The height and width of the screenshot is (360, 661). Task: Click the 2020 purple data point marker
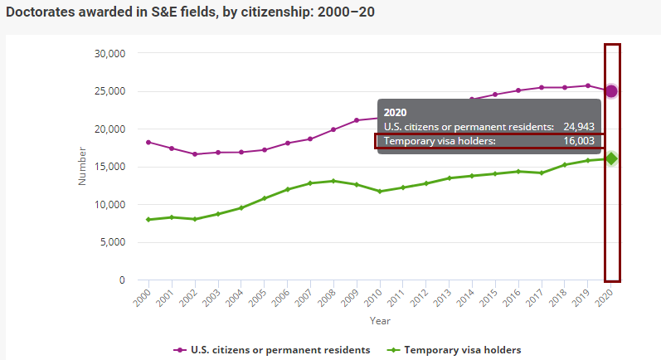coord(611,90)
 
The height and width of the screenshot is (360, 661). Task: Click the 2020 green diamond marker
coord(611,158)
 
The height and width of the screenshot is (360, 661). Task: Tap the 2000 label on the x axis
coord(144,295)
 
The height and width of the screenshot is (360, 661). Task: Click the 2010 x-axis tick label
coord(379,295)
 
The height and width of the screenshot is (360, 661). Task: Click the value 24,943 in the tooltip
coord(578,127)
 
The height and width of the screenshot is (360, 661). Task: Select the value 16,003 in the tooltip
coord(578,142)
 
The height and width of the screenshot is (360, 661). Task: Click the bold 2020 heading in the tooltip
coord(395,112)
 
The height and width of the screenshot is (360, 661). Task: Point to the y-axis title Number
coord(82,166)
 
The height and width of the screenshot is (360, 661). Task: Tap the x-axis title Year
coord(380,320)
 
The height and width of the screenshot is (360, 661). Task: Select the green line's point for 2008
coord(333,181)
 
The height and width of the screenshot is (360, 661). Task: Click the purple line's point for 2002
coord(195,154)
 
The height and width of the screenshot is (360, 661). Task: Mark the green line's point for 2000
coord(148,220)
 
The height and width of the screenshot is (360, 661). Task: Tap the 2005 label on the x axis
coord(261,295)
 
